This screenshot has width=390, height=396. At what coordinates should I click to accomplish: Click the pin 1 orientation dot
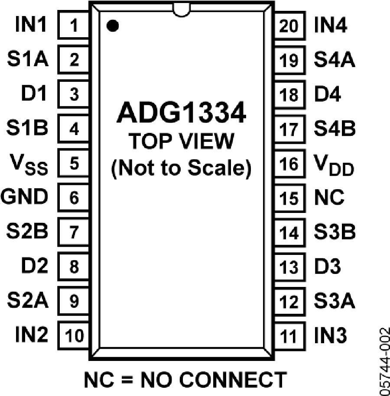(x=113, y=26)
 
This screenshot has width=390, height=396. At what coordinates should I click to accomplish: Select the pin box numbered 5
(x=73, y=163)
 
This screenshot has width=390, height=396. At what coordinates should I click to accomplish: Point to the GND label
(x=24, y=197)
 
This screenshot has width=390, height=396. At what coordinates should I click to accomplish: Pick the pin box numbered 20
(x=290, y=26)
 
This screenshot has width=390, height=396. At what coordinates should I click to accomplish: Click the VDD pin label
(x=334, y=165)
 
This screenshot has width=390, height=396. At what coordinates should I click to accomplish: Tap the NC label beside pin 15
(x=329, y=197)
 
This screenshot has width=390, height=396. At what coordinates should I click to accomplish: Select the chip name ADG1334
(x=181, y=113)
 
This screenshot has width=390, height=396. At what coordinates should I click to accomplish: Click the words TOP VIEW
(x=181, y=141)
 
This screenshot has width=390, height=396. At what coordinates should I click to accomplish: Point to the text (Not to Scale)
(x=181, y=168)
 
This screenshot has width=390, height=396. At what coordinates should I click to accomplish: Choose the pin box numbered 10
(x=73, y=335)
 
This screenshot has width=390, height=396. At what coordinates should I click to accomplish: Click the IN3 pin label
(x=330, y=335)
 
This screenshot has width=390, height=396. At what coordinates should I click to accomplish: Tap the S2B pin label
(x=27, y=231)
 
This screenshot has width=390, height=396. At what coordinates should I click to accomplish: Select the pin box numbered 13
(x=290, y=267)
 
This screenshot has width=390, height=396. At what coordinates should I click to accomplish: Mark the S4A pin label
(x=335, y=60)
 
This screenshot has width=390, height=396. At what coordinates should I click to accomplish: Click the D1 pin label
(x=34, y=93)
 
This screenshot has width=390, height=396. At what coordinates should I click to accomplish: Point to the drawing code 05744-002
(x=385, y=361)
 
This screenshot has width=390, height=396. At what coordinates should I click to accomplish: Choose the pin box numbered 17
(x=290, y=129)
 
